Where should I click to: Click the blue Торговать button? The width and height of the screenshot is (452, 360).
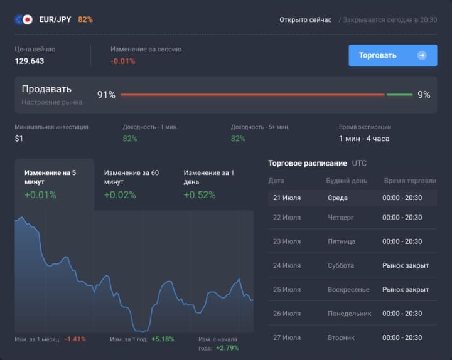[x=392, y=55]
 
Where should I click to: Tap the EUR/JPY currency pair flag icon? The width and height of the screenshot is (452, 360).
[x=23, y=19]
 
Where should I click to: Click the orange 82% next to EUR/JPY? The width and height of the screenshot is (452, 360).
[x=85, y=19]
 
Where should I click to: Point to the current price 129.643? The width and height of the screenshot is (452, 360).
[x=30, y=61]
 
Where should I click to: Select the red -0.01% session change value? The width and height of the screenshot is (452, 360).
[x=122, y=61]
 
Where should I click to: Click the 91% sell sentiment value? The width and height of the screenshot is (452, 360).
[x=106, y=95]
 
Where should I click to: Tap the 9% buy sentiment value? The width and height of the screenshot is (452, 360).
[x=424, y=95]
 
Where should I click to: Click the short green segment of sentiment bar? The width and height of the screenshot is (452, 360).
[x=399, y=95]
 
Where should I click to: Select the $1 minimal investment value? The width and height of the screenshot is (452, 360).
[x=19, y=139]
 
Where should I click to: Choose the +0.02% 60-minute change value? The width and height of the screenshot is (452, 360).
[x=119, y=195]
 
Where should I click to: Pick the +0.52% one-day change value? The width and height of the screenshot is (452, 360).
[x=199, y=195]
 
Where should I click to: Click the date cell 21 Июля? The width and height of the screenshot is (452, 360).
[x=287, y=198]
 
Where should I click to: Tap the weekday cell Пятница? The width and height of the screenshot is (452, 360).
[x=342, y=241]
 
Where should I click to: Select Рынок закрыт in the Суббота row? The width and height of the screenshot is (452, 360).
[x=406, y=265]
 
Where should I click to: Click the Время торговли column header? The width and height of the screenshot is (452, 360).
[x=410, y=181]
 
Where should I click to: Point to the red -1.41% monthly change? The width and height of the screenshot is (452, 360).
[x=75, y=339]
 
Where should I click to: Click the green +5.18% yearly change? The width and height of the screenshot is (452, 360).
[x=162, y=339]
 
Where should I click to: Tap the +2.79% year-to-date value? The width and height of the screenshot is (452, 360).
[x=227, y=347]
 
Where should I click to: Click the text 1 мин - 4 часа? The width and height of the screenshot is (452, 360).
[x=364, y=139]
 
